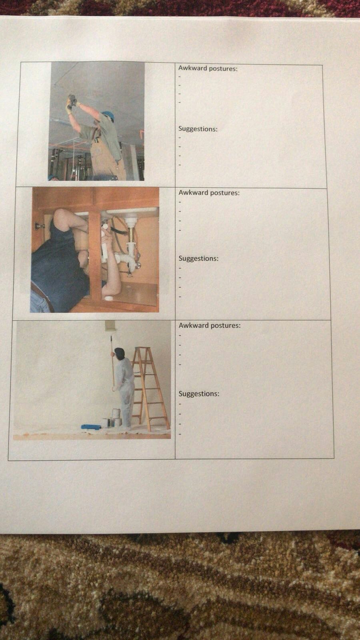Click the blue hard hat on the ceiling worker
[x=108, y=116]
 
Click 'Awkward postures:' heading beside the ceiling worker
[x=208, y=68]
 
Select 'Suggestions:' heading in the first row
[x=198, y=129]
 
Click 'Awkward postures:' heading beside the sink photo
[x=209, y=192]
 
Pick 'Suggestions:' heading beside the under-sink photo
[x=198, y=258]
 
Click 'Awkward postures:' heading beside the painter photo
[x=210, y=325]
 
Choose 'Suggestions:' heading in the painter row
[x=199, y=394]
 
